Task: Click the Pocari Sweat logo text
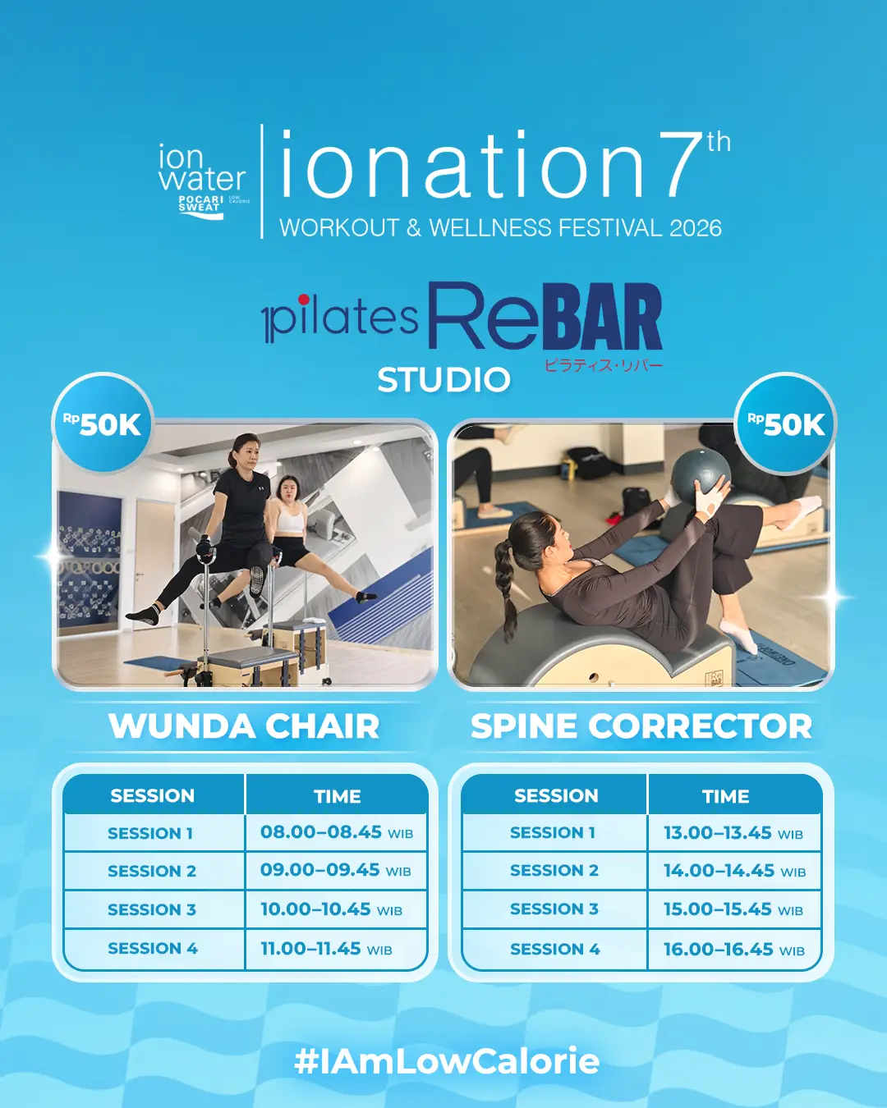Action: coord(201,204)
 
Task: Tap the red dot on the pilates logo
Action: coord(304,300)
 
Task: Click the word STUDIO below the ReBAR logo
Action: coord(443,380)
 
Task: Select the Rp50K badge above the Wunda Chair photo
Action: coord(103,424)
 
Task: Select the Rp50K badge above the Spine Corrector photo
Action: coord(785,424)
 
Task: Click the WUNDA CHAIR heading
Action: coord(244,726)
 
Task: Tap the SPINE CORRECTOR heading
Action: coord(641,726)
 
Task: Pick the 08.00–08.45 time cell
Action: coord(337,832)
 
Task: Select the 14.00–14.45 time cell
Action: coord(734,871)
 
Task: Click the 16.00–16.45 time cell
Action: coord(734,950)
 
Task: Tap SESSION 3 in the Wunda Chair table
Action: coord(152,909)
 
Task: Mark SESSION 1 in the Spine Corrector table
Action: coord(553,832)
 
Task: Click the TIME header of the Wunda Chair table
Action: coord(338,796)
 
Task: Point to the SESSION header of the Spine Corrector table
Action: coord(556,796)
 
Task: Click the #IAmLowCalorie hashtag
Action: coord(447,1060)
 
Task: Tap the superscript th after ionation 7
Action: coord(719,143)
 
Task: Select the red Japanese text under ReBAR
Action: coord(603,366)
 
